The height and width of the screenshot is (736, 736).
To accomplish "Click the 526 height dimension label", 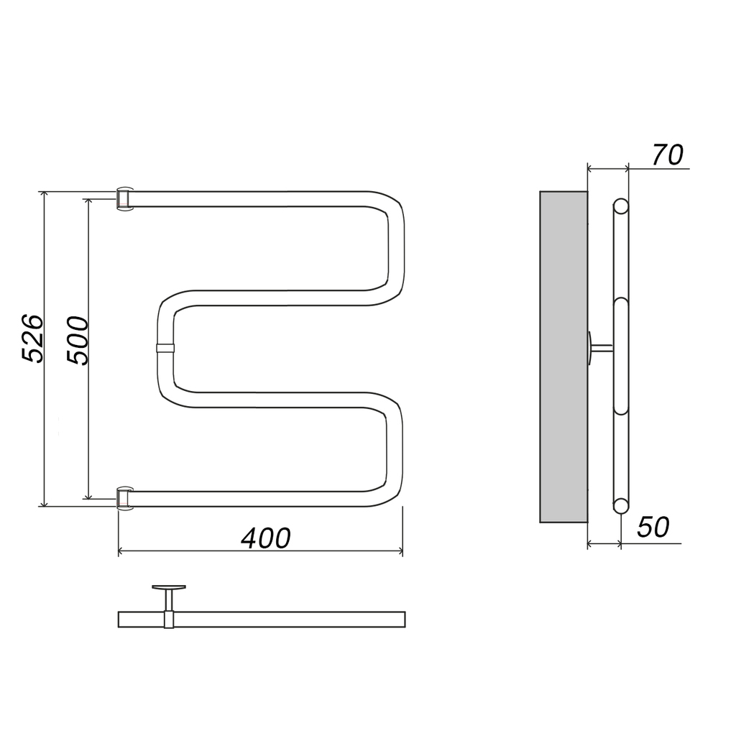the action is pos(33,339).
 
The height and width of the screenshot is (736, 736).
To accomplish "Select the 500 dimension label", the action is pos(78,340).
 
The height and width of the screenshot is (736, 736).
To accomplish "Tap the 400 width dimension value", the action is pos(266,538).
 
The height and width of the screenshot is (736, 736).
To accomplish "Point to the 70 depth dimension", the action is pos(668,155).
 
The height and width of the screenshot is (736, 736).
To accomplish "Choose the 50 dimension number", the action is pos(653,527).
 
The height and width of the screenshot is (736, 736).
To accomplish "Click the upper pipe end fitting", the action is pos(124,200).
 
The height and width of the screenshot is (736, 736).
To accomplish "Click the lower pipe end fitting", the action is pos(124,498).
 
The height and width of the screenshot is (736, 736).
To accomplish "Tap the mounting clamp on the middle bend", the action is pos(165,348).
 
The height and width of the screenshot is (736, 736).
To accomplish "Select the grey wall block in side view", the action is pos(563,356).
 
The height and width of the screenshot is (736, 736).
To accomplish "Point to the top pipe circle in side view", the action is pos(621,206).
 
